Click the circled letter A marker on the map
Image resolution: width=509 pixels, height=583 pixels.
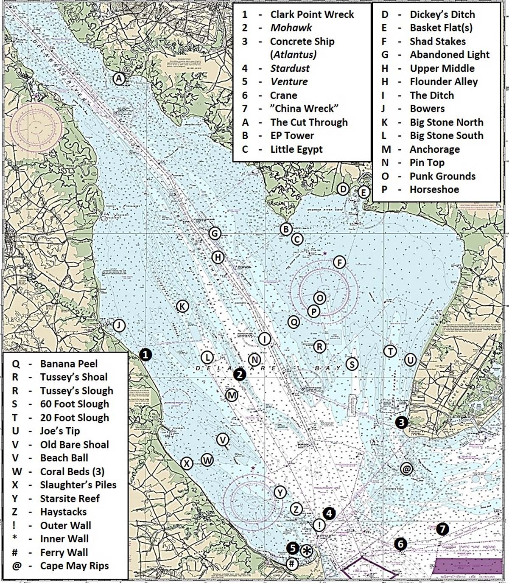tap(119, 78)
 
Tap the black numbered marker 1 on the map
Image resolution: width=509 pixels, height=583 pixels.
tap(145, 354)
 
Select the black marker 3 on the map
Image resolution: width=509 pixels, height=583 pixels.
tap(401, 422)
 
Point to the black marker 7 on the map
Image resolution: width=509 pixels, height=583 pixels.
tap(442, 529)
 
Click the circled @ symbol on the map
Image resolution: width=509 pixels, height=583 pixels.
tap(406, 469)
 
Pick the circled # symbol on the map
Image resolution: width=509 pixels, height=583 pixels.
tap(292, 564)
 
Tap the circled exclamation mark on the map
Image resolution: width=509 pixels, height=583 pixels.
tap(319, 525)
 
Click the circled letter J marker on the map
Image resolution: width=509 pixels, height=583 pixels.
tap(119, 325)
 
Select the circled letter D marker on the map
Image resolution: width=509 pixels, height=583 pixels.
tap(343, 189)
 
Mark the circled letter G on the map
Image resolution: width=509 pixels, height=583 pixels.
tap(215, 233)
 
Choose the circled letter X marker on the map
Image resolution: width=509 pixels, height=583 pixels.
tap(187, 463)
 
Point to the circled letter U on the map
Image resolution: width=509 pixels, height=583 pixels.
tap(410, 360)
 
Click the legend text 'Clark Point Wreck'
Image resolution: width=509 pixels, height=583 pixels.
tap(312, 14)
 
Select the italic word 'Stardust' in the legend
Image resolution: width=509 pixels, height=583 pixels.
tap(290, 68)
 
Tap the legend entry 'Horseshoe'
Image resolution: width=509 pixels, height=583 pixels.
tap(434, 190)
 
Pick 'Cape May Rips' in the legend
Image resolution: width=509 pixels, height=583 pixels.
tap(74, 566)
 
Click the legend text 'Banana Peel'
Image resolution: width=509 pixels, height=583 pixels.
tap(69, 364)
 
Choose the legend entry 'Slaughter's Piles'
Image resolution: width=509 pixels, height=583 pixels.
tap(78, 485)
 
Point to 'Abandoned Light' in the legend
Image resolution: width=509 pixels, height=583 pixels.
tap(449, 55)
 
